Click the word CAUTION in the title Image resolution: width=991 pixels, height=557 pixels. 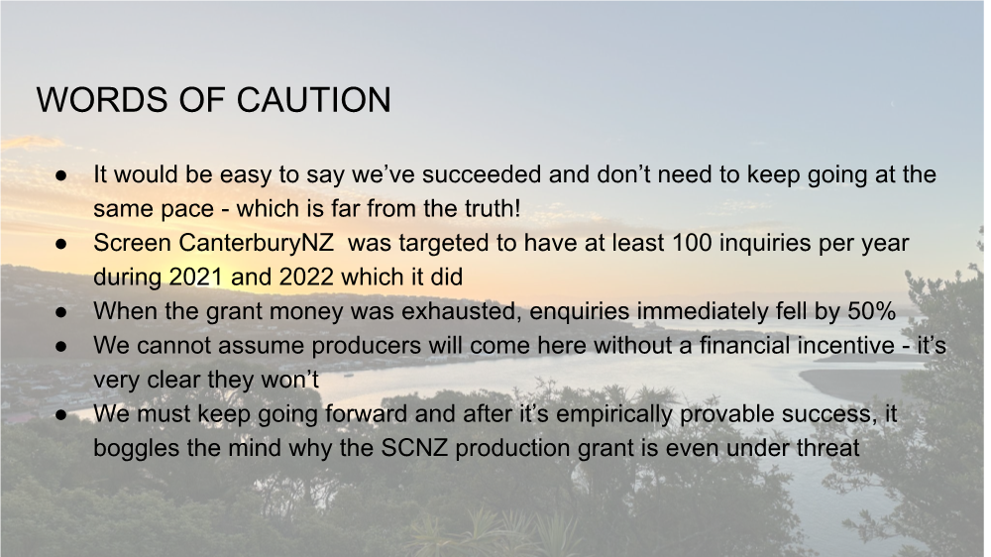(313, 100)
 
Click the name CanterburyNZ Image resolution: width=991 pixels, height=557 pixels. (256, 243)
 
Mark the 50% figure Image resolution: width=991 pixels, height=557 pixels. (871, 311)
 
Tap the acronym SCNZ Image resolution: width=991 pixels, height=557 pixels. (414, 448)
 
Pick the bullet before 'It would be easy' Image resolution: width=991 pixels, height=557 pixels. (61, 174)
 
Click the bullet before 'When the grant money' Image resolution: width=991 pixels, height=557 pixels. (61, 311)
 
